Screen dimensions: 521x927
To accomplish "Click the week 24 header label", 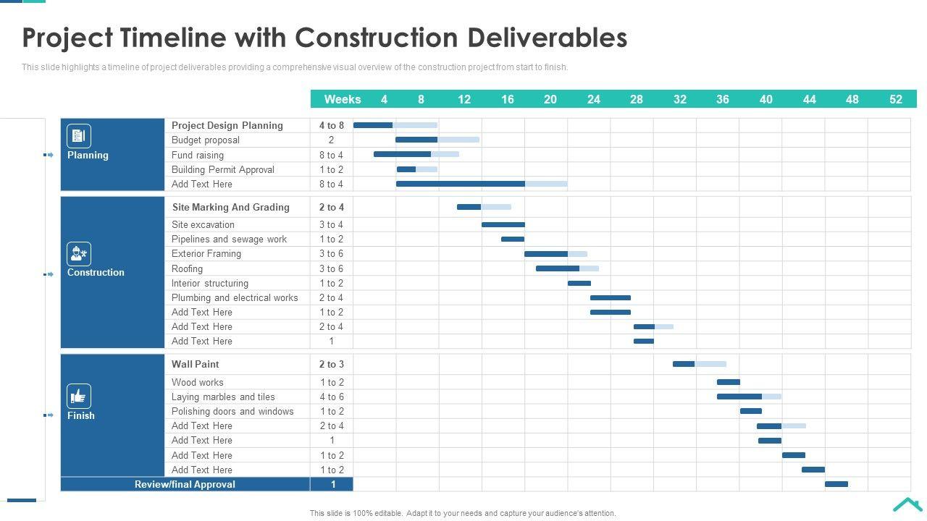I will click(x=593, y=99).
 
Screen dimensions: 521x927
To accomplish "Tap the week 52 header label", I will click(x=895, y=99).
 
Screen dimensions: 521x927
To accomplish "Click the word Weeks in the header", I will click(x=343, y=99).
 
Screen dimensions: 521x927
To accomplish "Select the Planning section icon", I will click(x=79, y=136).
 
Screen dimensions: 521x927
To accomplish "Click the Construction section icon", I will click(x=79, y=254).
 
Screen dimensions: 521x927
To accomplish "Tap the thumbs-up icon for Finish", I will click(x=79, y=396).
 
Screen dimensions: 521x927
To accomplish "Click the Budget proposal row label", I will click(x=206, y=140).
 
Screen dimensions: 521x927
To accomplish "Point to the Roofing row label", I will click(x=187, y=268).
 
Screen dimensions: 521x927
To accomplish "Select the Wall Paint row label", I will click(x=196, y=364).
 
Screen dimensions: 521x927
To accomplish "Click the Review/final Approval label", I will click(x=185, y=484).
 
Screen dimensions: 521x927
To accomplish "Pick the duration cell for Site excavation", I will click(x=331, y=224).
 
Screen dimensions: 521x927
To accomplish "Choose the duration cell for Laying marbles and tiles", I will click(x=332, y=397).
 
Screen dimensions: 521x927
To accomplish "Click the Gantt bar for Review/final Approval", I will click(x=836, y=484).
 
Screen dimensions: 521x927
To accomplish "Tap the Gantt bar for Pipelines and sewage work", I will click(x=513, y=239).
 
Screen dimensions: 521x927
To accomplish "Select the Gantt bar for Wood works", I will click(x=729, y=382).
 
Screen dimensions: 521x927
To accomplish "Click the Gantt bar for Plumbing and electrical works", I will click(x=610, y=297).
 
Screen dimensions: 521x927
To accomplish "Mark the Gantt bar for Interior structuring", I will click(x=579, y=283).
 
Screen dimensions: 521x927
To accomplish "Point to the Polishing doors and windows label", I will click(x=232, y=411).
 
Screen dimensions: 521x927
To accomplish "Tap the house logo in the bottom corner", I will click(x=907, y=504).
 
